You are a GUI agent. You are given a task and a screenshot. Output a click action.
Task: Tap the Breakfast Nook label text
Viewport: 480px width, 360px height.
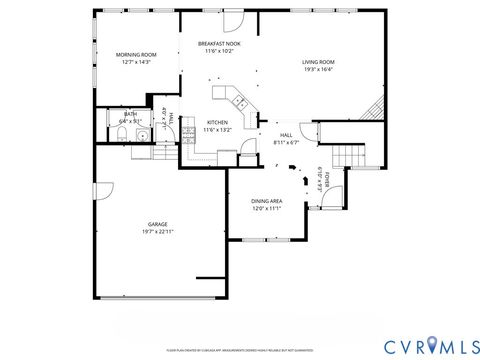point(218,44)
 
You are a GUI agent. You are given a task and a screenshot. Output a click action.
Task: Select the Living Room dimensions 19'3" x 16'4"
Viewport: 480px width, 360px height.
point(318,70)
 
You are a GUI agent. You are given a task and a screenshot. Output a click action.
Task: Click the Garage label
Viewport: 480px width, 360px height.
point(157,224)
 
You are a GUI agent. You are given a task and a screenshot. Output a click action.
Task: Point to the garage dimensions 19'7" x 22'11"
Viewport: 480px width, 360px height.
point(157,232)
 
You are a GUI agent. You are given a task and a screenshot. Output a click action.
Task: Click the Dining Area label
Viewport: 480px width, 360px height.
point(265,201)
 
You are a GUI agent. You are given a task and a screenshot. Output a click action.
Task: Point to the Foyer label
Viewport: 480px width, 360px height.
point(326,180)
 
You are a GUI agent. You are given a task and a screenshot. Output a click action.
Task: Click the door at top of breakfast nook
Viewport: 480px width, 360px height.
point(232,21)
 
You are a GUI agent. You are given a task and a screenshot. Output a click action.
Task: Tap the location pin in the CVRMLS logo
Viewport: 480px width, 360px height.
point(432,345)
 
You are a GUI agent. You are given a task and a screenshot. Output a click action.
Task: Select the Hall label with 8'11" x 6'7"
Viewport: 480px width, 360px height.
point(286,138)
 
